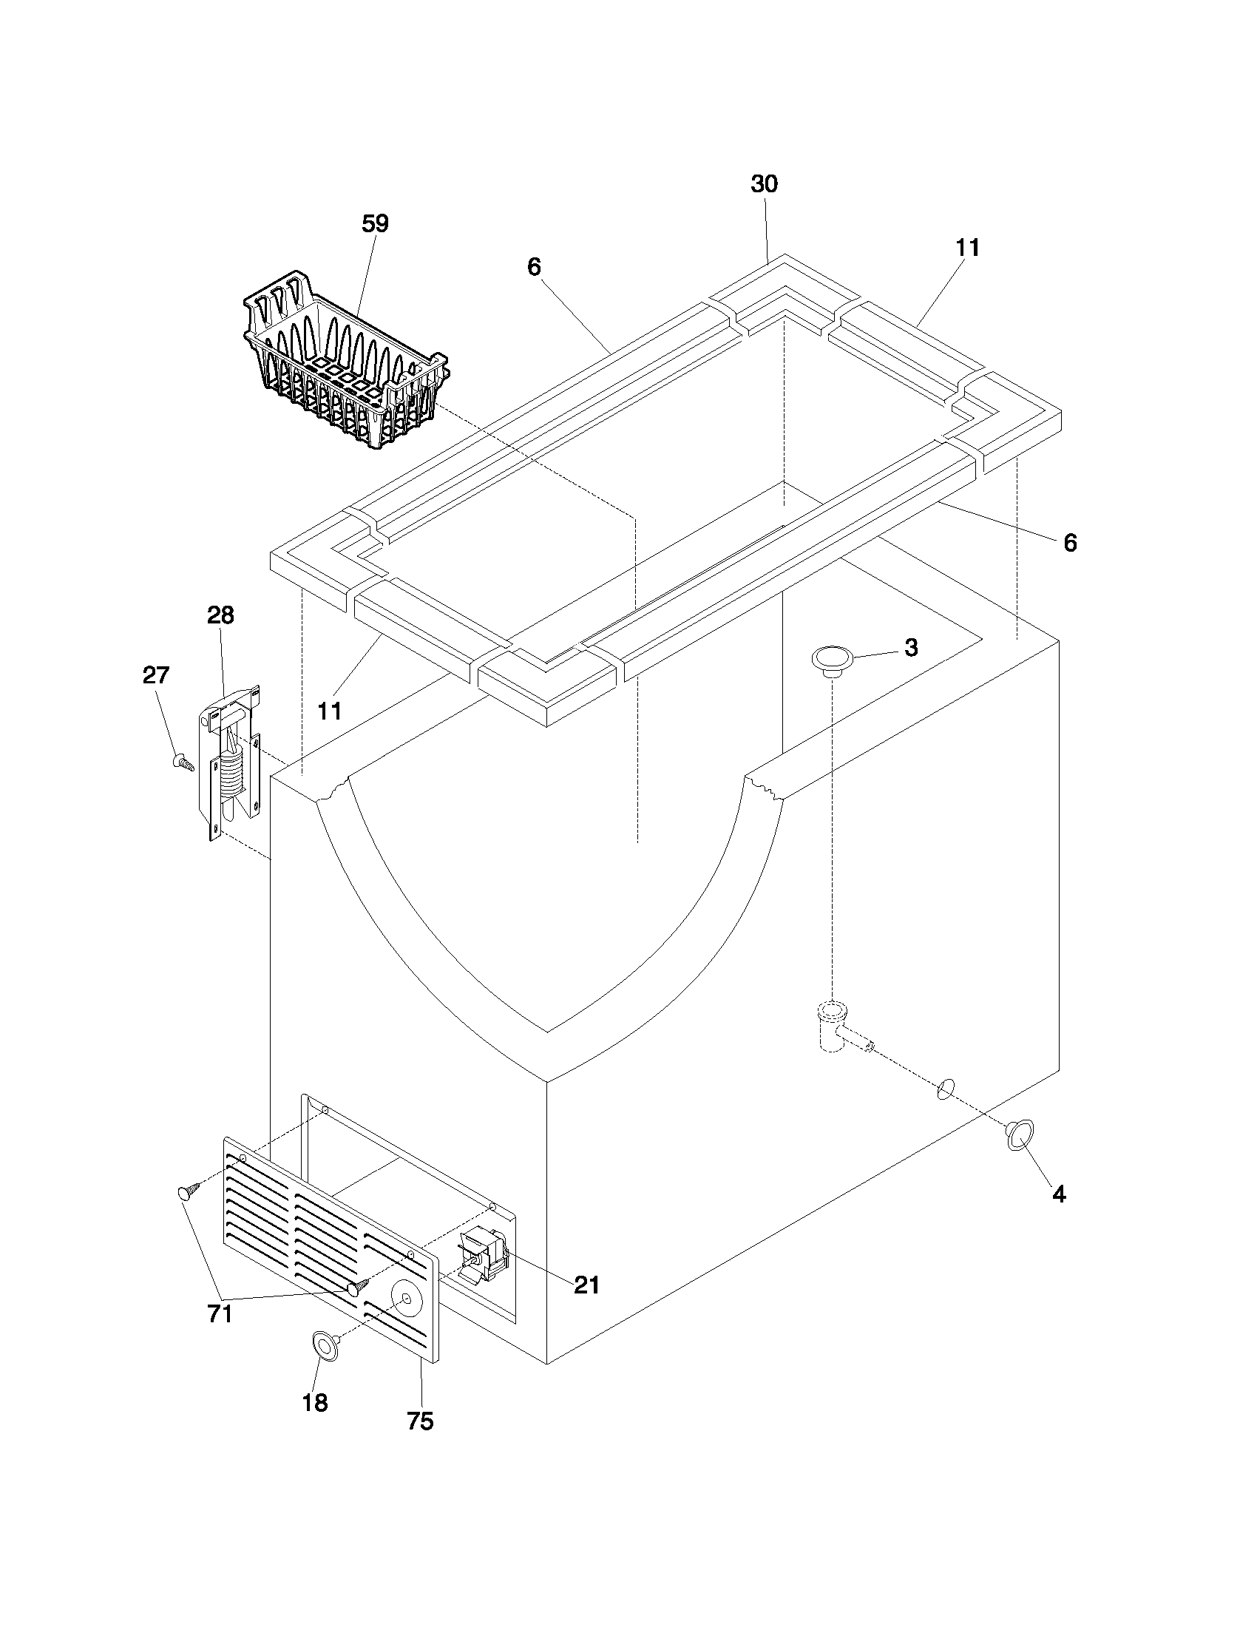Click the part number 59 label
[x=376, y=223]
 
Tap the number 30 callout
[x=764, y=184]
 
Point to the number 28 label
[x=220, y=615]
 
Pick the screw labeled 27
[x=181, y=761]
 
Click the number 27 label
[x=155, y=675]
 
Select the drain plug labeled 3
[x=832, y=659]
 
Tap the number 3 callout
[x=911, y=647]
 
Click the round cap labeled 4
[x=1017, y=1134]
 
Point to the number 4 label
[x=1059, y=1194]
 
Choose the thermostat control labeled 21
[x=483, y=1257]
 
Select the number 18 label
[x=315, y=1403]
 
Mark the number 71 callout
[x=220, y=1314]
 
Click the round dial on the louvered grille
[x=406, y=1299]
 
